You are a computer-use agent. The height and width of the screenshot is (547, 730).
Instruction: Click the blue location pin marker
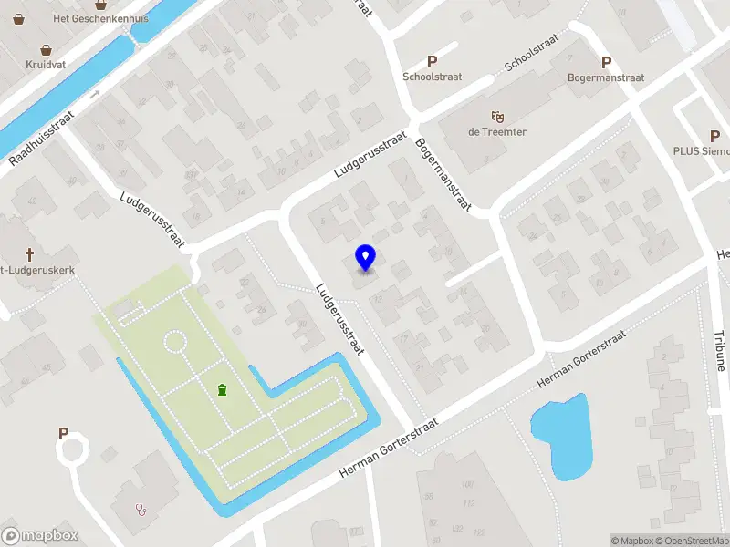coord(366,258)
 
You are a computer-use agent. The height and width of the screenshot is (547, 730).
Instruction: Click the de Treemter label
coord(497,131)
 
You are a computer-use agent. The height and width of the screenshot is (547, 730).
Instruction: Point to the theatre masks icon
coord(497,116)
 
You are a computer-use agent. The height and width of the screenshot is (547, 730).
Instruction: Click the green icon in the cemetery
coord(222,390)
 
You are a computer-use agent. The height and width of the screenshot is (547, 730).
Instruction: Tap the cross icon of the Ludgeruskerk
coord(29,254)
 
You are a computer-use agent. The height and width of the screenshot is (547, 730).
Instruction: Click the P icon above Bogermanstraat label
coord(606,62)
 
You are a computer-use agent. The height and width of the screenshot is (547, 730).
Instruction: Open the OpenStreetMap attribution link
coord(693,541)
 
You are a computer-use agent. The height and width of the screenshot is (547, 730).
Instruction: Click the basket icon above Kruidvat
coord(46,50)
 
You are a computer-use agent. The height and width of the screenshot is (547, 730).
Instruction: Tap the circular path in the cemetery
coord(174,343)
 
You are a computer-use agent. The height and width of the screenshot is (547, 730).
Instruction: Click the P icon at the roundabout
coord(64,434)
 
